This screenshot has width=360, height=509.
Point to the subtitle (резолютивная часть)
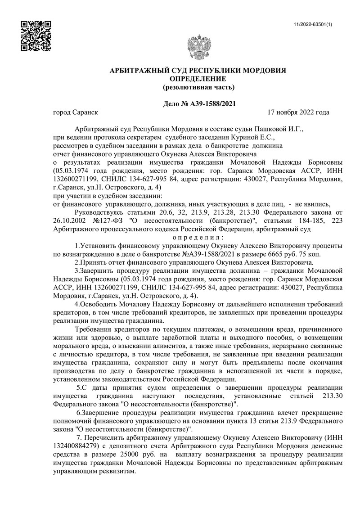tap(198, 86)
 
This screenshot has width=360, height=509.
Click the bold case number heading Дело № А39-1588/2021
tap(198, 104)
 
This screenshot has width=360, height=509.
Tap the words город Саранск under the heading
tap(75, 112)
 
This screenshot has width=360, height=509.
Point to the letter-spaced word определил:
tap(198, 238)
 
